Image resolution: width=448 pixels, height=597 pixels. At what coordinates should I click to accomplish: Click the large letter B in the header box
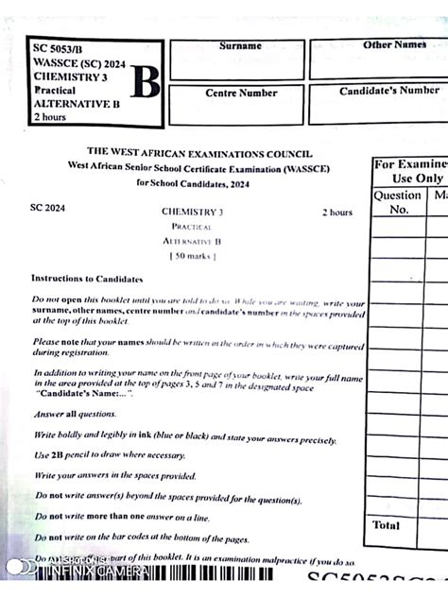(145, 85)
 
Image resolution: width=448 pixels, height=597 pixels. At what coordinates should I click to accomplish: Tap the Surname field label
(241, 45)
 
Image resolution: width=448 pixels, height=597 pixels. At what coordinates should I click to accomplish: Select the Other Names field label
(394, 44)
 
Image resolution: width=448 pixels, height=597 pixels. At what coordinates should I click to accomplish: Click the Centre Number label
(241, 93)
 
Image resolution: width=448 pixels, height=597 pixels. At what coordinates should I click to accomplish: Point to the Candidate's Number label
(389, 91)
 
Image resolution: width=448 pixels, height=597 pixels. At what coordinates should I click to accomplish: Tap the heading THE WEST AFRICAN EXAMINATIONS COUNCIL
(199, 152)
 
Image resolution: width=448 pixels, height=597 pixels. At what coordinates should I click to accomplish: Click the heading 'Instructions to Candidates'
(87, 279)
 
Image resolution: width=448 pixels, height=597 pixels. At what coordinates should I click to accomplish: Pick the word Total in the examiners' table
(386, 524)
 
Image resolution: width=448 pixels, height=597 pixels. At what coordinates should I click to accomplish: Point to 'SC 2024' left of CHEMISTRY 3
(48, 207)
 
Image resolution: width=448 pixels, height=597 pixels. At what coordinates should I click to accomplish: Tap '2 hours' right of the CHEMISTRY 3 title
(336, 213)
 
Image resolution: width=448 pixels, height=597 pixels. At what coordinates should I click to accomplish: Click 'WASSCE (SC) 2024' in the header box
(82, 61)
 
